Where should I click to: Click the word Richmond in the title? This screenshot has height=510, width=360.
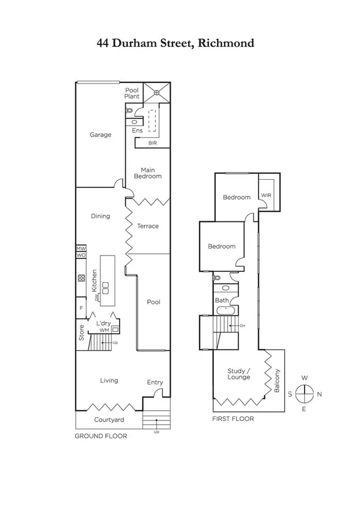point(224,43)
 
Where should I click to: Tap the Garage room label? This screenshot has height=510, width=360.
point(100,135)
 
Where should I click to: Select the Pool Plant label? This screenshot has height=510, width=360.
point(132,93)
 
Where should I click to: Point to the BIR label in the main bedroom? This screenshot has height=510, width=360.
point(153,143)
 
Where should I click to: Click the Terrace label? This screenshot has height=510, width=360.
point(148,226)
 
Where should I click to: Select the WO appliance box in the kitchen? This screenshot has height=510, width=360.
point(81,256)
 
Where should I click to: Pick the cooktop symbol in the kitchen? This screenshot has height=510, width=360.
point(80,278)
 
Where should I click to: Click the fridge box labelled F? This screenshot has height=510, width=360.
point(81,307)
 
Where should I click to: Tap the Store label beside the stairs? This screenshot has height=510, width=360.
point(81,334)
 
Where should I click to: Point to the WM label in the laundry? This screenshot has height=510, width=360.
point(103,330)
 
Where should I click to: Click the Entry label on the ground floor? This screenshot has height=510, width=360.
point(154,382)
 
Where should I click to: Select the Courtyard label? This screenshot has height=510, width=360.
point(109,420)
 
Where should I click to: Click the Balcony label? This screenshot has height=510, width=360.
point(277,380)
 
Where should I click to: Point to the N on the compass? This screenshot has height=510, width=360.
point(319,395)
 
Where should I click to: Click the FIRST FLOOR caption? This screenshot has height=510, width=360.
point(233,419)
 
